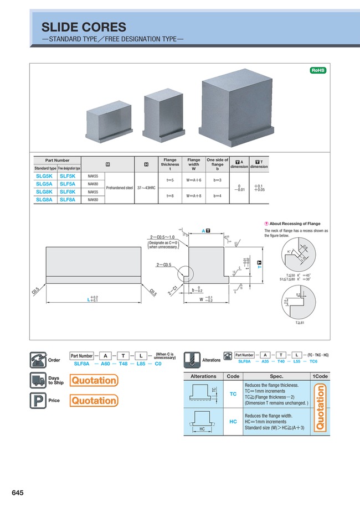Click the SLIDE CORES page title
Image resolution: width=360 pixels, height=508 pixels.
[x=84, y=27]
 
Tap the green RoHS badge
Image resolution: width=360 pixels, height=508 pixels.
[x=317, y=70]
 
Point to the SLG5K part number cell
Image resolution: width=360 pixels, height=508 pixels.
[x=44, y=176]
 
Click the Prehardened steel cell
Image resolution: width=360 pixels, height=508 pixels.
[x=119, y=188]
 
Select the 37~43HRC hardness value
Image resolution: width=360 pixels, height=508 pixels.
[x=146, y=188]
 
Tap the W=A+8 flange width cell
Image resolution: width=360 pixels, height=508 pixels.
[x=193, y=195]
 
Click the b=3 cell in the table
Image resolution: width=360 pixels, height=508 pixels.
[x=217, y=180]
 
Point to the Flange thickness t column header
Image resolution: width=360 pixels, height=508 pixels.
[x=169, y=164]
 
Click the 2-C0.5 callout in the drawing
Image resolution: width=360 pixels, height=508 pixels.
[x=164, y=265]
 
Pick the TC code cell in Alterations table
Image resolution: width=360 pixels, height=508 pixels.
[x=233, y=393]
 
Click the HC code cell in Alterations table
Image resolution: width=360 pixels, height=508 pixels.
[x=233, y=422]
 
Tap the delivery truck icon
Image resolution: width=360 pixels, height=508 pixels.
[x=38, y=380]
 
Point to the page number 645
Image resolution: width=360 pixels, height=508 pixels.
[x=17, y=493]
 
